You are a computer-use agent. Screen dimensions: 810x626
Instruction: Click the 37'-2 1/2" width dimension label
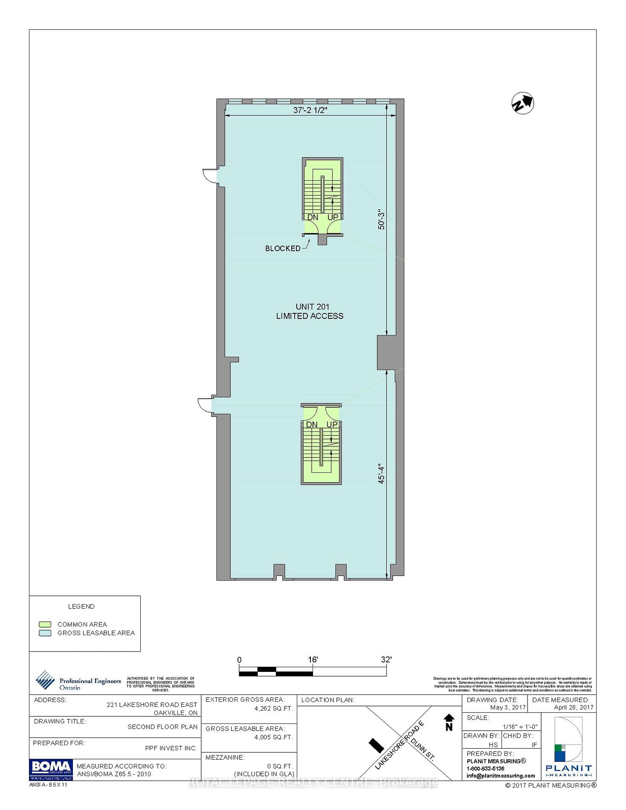click(x=310, y=110)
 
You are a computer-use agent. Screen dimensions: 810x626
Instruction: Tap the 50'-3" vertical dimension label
click(x=381, y=221)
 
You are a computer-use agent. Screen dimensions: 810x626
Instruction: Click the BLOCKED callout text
click(x=283, y=248)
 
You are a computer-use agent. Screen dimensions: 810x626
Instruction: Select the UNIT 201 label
click(x=312, y=307)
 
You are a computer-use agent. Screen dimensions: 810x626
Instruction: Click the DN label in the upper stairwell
click(x=313, y=217)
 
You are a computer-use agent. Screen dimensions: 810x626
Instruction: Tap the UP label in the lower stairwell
click(x=332, y=424)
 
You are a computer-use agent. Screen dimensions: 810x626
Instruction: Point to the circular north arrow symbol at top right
click(x=522, y=104)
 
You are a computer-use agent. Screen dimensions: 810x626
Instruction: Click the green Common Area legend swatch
click(x=45, y=625)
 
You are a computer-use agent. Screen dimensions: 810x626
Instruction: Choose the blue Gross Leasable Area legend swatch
click(x=45, y=633)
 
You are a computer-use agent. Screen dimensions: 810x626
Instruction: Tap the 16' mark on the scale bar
click(x=313, y=660)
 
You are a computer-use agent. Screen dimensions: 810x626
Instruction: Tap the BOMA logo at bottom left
click(x=51, y=769)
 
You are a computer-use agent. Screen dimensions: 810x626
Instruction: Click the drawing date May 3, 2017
click(x=507, y=707)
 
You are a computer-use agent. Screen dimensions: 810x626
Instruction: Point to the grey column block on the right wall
click(x=390, y=352)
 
